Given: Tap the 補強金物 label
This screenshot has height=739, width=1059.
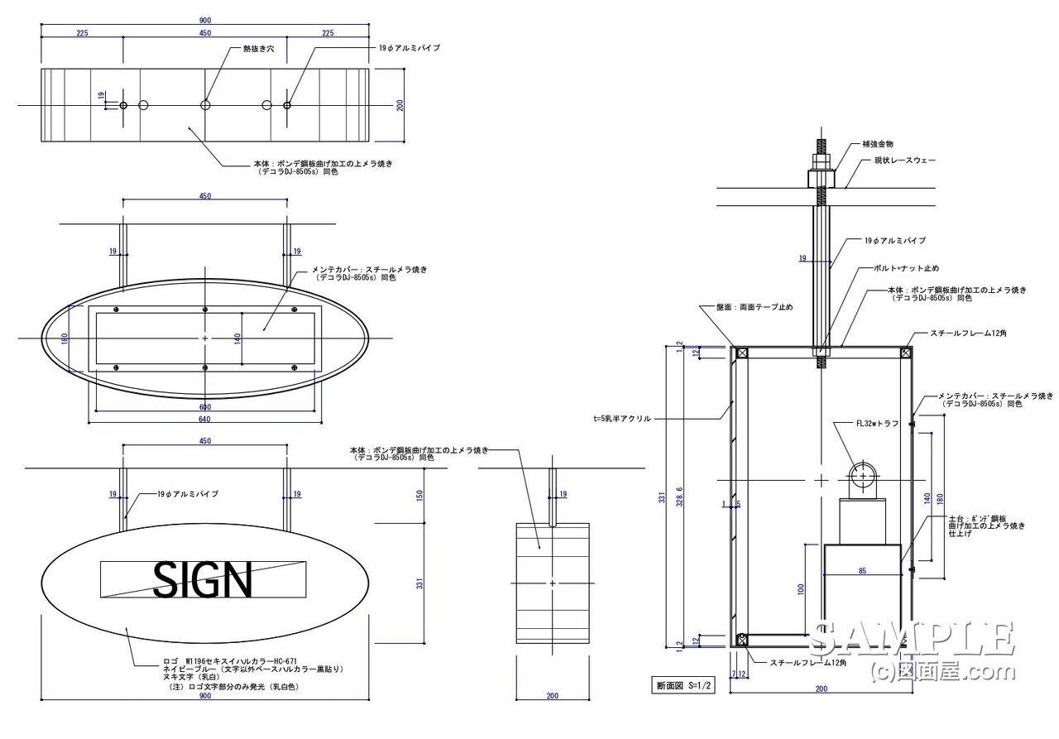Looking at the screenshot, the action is pyautogui.click(x=876, y=144).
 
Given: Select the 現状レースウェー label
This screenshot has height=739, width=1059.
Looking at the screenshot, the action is pyautogui.click(x=905, y=160).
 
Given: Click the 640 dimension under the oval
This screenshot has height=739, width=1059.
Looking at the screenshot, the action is pyautogui.click(x=204, y=419).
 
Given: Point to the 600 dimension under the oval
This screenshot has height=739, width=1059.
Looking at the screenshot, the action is pyautogui.click(x=204, y=406).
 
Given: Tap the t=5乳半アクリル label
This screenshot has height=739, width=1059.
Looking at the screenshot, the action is pyautogui.click(x=616, y=419).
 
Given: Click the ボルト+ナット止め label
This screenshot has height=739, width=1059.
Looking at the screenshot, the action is pyautogui.click(x=908, y=268).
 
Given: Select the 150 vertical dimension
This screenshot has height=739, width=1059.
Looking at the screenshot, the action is pyautogui.click(x=419, y=495).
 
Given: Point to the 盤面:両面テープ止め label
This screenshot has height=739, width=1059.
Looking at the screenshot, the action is pyautogui.click(x=754, y=307).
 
